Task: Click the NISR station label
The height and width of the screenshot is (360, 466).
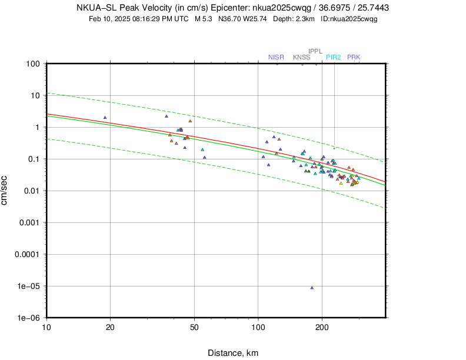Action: (x=276, y=57)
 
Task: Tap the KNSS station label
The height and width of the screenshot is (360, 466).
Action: (x=301, y=57)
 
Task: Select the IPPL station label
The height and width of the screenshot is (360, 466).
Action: (x=316, y=51)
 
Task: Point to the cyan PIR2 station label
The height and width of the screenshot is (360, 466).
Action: (x=334, y=57)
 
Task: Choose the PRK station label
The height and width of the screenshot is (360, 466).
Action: (x=354, y=57)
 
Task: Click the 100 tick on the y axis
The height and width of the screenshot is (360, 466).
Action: (x=32, y=64)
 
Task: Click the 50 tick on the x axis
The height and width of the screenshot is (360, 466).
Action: (x=194, y=328)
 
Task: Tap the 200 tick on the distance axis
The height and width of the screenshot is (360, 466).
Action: (x=322, y=328)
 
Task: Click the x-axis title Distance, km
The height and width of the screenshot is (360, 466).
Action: (x=233, y=353)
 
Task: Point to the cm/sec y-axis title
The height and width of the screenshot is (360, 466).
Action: (x=5, y=191)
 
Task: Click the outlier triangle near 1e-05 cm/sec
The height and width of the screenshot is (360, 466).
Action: (x=312, y=288)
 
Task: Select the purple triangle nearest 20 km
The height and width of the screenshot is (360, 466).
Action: (x=105, y=118)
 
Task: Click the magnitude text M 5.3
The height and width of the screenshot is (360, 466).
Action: (x=205, y=19)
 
